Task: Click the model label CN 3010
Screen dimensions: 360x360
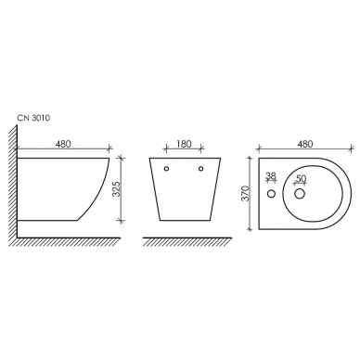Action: point(33,118)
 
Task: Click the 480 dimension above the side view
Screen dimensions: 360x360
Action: point(63,144)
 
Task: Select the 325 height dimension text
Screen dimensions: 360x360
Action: point(116,188)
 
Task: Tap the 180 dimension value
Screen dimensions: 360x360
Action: point(184,144)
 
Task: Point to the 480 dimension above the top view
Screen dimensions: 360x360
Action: point(305,144)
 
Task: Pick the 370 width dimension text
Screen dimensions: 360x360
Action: point(245,194)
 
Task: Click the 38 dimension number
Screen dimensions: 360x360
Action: point(271,175)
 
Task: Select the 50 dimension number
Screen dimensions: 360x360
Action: point(300,178)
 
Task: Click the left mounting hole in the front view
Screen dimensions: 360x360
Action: point(166,169)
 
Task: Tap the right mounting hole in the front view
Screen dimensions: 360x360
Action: point(201,169)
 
